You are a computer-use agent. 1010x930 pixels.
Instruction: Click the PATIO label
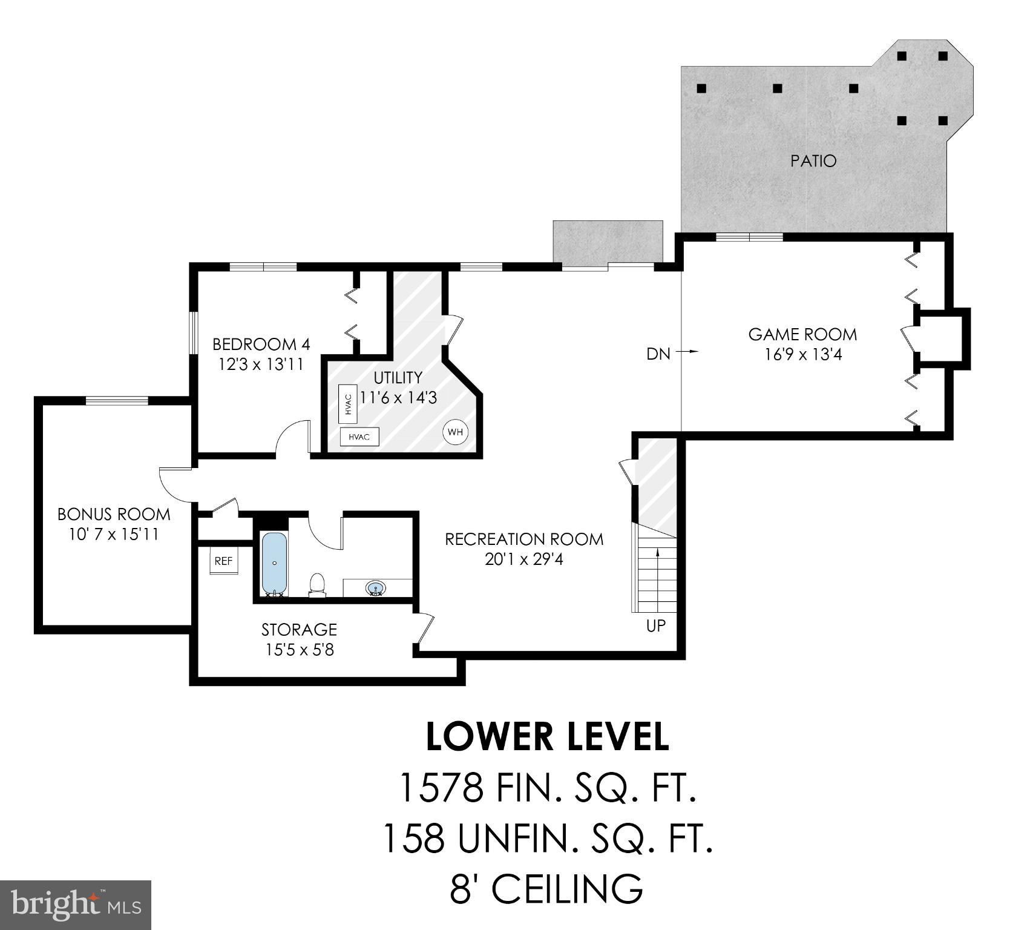pos(813,161)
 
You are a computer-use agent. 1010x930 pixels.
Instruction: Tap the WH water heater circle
pos(455,432)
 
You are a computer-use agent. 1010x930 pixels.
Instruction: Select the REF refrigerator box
pos(223,561)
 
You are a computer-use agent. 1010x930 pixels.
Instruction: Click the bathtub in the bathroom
pos(275,563)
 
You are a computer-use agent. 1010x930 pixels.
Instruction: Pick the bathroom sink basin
pos(376,587)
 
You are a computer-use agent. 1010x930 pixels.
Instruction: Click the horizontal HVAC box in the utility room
pos(359,437)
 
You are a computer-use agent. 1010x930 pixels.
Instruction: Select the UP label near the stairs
pos(655,625)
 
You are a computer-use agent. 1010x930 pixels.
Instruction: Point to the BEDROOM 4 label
pos(261,345)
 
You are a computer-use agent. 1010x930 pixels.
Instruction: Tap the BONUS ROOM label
pos(114,514)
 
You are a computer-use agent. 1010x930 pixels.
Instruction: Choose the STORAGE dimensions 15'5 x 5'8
pos(299,650)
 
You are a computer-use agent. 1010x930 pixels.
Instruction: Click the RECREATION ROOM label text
pos(524,539)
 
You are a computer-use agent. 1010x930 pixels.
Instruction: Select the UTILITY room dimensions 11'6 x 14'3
pos(398,398)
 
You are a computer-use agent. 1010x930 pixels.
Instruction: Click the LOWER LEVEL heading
pos(547,737)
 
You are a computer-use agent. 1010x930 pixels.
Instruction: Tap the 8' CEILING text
pos(546,889)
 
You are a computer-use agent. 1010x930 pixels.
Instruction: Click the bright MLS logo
pos(75,905)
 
